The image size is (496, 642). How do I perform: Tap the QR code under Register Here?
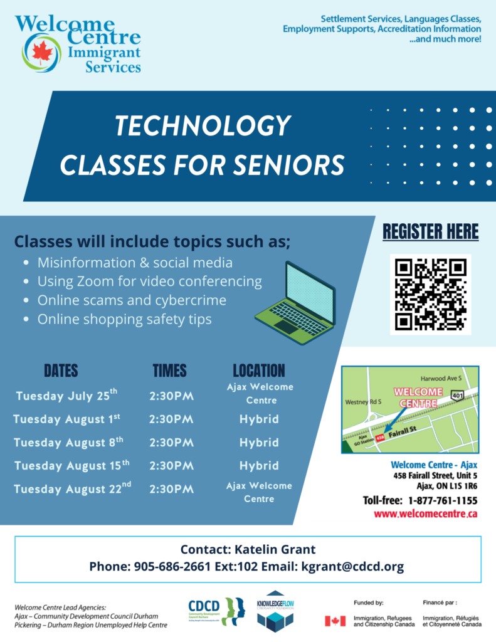click(430, 295)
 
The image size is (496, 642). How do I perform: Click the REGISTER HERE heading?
click(430, 232)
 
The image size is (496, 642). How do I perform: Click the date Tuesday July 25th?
click(66, 395)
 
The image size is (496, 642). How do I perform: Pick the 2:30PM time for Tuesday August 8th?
click(171, 443)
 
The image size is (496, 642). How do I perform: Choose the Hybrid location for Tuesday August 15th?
click(259, 466)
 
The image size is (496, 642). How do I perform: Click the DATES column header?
click(61, 371)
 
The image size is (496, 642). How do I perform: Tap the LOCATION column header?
click(259, 371)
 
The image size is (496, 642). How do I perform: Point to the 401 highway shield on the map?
click(457, 395)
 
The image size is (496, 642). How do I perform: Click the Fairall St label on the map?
click(402, 431)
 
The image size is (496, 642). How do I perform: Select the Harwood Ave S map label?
click(441, 378)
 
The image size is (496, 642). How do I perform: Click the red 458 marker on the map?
click(380, 438)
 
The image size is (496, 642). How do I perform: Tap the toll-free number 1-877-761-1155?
click(443, 500)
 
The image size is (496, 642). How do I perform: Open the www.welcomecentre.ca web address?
click(426, 514)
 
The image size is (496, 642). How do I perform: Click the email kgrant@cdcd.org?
click(352, 566)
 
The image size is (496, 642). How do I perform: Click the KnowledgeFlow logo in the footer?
click(275, 611)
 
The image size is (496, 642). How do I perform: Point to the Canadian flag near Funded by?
click(335, 621)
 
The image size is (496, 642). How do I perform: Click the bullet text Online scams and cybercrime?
click(132, 300)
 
